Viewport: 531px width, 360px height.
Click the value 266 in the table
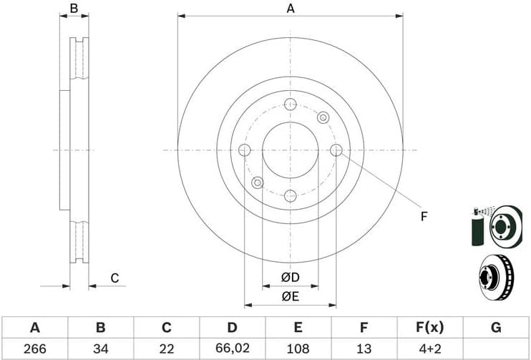[34, 349]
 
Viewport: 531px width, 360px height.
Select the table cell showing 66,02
[232, 349]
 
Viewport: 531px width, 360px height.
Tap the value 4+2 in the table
[429, 349]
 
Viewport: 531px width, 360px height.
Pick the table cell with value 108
[298, 349]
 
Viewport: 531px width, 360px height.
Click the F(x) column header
[429, 328]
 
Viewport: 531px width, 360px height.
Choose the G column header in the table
[495, 328]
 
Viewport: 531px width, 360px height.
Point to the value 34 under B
[100, 349]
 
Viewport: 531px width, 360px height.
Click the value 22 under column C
[166, 349]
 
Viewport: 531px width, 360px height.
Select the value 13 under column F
[364, 349]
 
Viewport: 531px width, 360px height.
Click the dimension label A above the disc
[291, 9]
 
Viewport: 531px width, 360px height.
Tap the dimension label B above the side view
[74, 9]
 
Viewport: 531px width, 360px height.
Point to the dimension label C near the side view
[114, 278]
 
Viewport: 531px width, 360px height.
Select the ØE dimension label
[290, 295]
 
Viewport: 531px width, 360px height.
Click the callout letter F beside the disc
[424, 216]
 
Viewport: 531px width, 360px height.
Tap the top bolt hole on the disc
[290, 104]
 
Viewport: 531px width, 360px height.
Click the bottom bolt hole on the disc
[290, 195]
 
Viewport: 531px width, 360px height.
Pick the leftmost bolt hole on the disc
[244, 150]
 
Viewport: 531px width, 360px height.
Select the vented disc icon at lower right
[495, 276]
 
